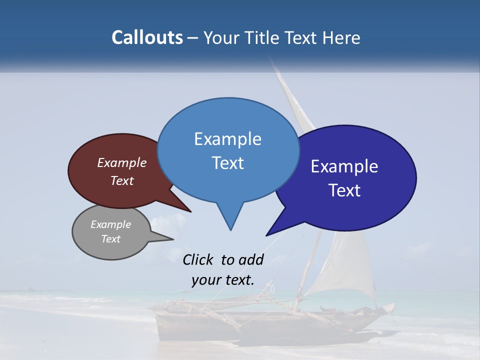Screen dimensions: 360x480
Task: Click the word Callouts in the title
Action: tap(147, 37)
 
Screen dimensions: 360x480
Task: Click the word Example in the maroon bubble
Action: tap(122, 162)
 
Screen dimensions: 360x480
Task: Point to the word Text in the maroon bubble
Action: tap(122, 180)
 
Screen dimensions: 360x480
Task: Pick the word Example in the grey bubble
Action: tap(110, 224)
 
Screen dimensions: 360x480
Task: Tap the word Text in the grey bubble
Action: tap(110, 239)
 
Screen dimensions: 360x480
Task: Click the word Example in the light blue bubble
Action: tap(227, 139)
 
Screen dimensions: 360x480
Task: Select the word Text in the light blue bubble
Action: tap(227, 163)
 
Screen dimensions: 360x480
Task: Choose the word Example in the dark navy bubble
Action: tap(344, 166)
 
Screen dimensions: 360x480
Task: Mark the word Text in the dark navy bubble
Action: tap(344, 190)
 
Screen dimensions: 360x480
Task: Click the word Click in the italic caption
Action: tap(198, 259)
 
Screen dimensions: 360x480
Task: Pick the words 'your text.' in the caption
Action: tap(223, 280)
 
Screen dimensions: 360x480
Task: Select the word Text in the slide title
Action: tap(303, 37)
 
